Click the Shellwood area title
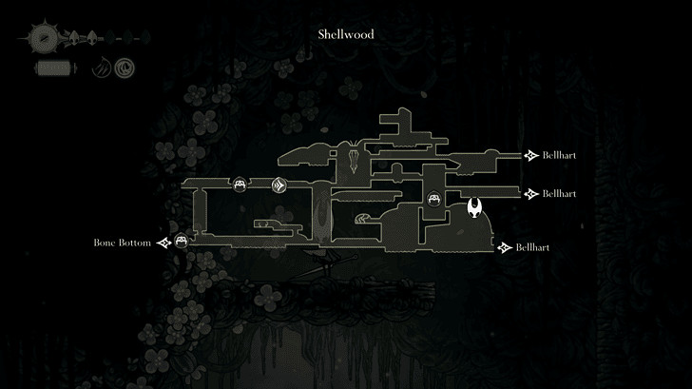pos(345,34)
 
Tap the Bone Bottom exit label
pos(123,243)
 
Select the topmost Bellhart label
pos(560,155)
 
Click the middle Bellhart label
pos(560,193)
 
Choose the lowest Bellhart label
pos(533,247)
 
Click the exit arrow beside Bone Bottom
pos(165,243)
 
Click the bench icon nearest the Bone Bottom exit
pos(181,243)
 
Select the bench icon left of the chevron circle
pos(240,185)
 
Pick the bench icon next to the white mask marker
pos(434,199)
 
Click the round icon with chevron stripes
pos(279,185)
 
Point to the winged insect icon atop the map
pos(355,152)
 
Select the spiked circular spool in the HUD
pos(44,39)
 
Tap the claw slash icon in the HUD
pos(101,68)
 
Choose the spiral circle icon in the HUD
pos(124,68)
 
